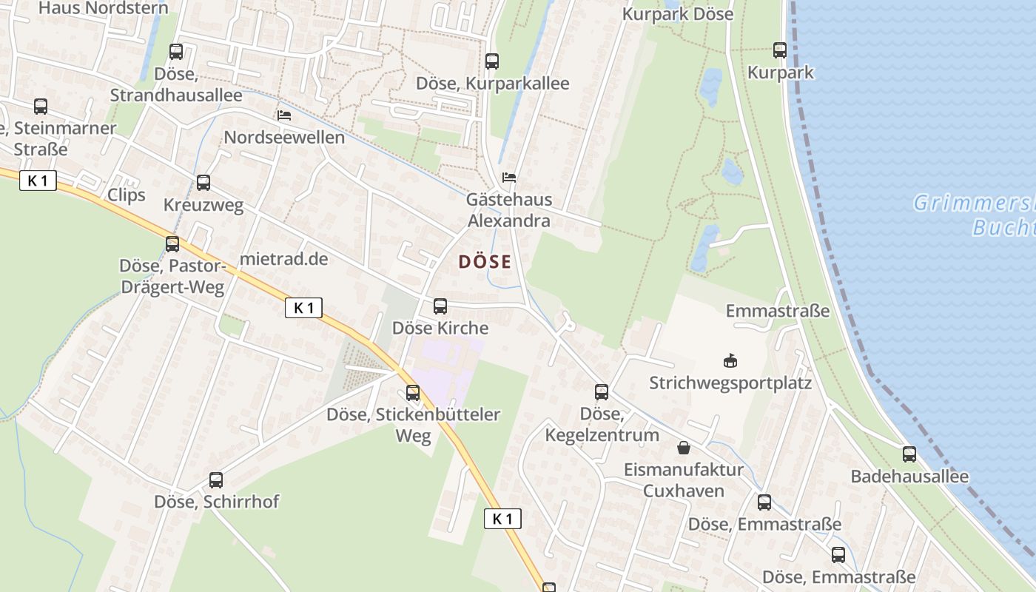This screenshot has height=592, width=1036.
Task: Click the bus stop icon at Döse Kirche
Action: pos(440,306)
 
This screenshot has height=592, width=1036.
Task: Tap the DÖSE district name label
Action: pos(485,262)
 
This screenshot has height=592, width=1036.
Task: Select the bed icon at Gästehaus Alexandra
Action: pos(509,178)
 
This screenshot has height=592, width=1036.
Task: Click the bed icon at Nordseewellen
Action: pos(283,115)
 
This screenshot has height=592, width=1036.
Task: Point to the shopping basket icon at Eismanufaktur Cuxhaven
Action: pos(683,448)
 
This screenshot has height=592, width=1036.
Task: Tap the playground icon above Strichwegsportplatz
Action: pos(730,361)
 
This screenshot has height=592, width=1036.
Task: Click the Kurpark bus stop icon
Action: pos(780,50)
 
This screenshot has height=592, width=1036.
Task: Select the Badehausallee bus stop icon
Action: pos(909,454)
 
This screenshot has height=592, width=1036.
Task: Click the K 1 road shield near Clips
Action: pos(38,181)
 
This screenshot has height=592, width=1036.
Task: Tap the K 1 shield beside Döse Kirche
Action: pos(303,308)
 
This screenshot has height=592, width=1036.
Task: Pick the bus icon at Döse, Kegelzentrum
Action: pos(602,392)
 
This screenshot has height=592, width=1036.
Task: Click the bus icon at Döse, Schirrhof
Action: pos(216,480)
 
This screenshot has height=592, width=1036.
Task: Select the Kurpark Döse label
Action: pos(678,14)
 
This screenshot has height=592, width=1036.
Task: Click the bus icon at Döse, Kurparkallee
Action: pos(492,61)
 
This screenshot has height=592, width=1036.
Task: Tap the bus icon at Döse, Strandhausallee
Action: pos(176,52)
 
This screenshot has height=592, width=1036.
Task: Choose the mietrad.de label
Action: pos(283,260)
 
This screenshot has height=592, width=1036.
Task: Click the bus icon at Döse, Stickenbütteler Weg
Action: pos(413,393)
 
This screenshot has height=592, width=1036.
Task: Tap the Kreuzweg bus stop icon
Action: pos(203,183)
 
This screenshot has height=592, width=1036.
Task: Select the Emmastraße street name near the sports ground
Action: pos(778,311)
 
